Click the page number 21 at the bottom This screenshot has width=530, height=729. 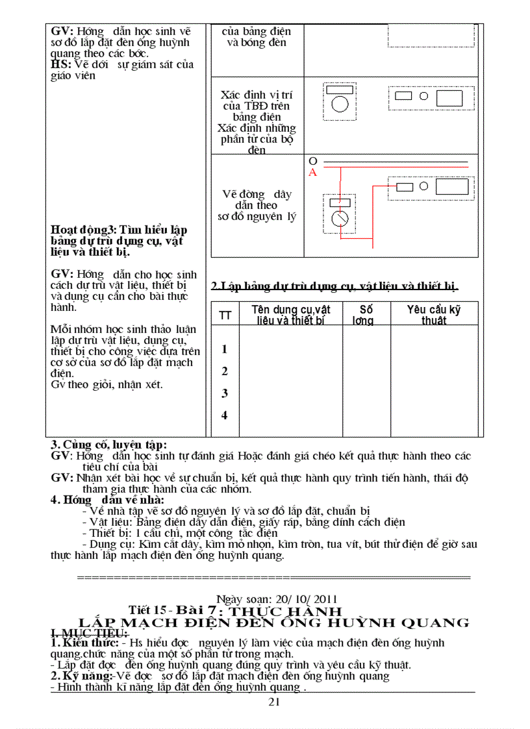273,702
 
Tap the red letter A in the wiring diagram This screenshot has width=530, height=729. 313,173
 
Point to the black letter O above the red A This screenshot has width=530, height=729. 313,160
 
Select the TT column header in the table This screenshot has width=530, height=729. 225,315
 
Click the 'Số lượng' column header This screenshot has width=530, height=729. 366,315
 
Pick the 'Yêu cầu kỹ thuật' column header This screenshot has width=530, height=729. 433,315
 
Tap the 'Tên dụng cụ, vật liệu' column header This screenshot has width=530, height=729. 291,315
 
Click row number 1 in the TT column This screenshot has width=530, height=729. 225,349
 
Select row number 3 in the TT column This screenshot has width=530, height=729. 225,393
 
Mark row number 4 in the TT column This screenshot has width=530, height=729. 225,415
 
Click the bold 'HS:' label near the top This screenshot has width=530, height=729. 61,64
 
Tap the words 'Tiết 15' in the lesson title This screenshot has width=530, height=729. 147,610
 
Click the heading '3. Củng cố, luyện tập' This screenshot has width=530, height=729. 108,445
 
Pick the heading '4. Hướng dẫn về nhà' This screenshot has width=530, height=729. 107,500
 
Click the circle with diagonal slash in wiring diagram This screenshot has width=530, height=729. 340,218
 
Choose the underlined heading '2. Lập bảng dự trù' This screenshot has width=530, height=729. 334,286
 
